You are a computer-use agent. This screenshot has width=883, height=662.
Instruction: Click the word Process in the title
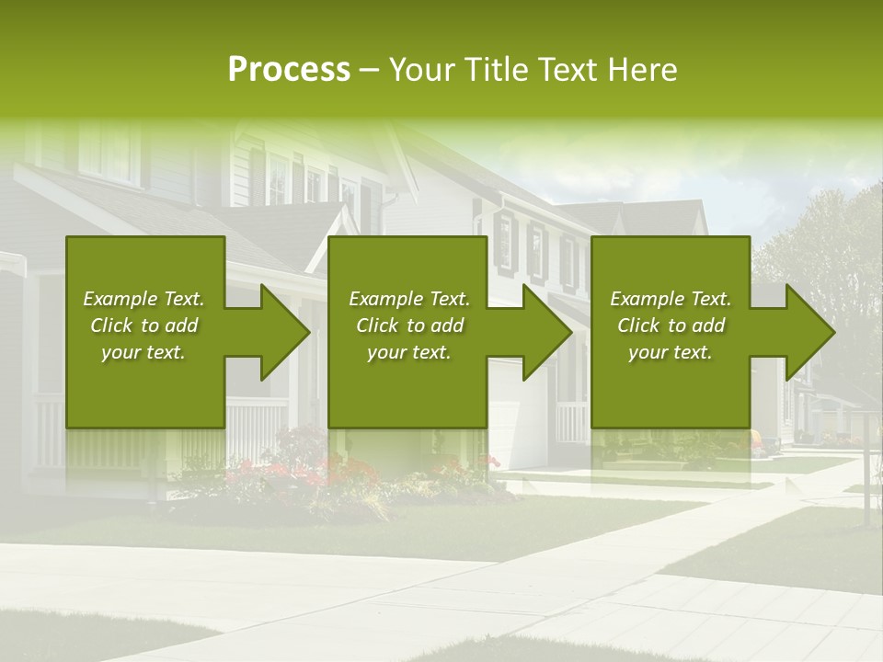289,70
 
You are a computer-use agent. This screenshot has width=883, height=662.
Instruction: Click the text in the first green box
143,325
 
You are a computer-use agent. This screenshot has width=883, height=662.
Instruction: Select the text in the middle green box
408,325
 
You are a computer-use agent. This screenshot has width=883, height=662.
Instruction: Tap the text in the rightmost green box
671,325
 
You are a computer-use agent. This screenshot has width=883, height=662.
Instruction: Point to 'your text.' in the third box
671,352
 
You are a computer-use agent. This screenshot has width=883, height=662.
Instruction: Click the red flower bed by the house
304,474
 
